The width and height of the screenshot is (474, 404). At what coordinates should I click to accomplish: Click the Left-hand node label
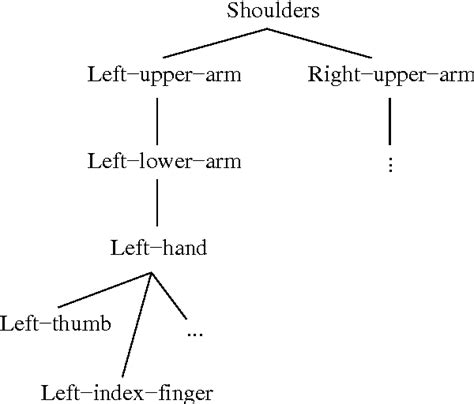[160, 247]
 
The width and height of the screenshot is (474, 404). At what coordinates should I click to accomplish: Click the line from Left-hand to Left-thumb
[100, 291]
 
